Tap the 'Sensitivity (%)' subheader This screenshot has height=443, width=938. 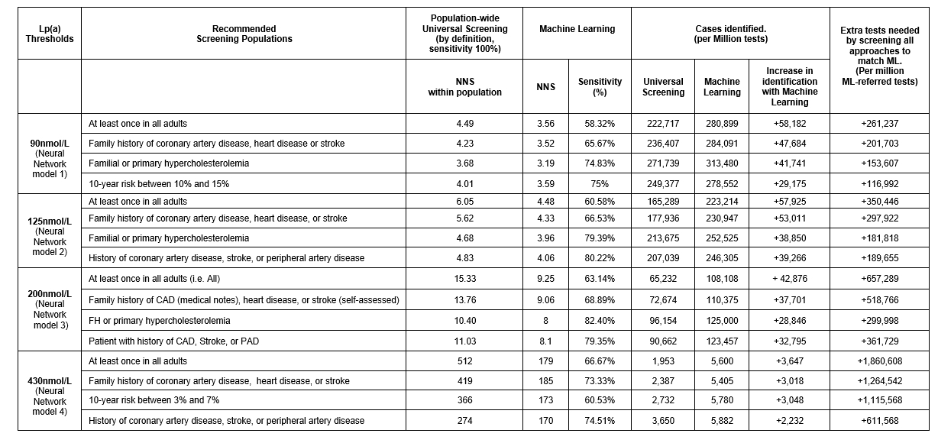click(600, 87)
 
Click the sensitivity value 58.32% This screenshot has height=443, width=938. click(600, 123)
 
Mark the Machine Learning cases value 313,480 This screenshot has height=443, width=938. click(722, 163)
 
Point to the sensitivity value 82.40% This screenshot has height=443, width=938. click(600, 321)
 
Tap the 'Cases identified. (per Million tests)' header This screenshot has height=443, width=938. click(729, 34)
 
